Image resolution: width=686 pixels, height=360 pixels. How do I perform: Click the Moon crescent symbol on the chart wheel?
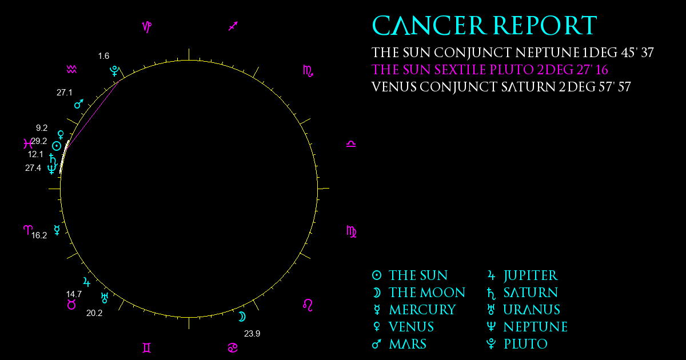(242, 317)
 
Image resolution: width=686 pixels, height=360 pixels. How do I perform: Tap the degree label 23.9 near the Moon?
(252, 333)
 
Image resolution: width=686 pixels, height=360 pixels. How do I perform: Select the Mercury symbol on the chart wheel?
(57, 230)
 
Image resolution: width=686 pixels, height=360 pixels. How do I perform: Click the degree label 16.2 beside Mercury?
(39, 235)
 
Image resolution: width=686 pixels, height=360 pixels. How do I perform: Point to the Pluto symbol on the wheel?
(114, 71)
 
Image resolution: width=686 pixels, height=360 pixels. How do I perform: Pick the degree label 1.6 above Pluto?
(103, 56)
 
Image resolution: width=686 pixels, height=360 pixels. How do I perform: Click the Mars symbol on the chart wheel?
(79, 104)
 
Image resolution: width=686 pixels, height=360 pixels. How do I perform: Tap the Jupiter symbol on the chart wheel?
(87, 282)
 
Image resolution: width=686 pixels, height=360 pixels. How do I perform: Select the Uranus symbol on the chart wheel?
(105, 298)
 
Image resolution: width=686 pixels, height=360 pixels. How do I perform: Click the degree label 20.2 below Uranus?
(94, 313)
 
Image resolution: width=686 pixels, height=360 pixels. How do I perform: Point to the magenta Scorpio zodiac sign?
(308, 71)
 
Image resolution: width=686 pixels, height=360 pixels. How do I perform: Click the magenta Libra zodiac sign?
(351, 144)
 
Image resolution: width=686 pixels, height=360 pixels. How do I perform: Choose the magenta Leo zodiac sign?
(308, 305)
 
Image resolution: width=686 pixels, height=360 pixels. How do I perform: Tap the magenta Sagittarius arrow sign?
(233, 26)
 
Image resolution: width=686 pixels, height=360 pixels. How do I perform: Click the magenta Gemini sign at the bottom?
(147, 348)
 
